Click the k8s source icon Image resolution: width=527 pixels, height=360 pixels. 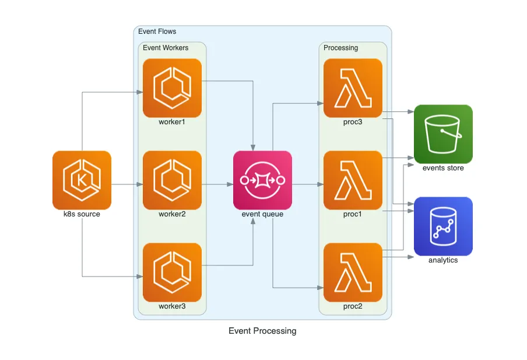point(82,180)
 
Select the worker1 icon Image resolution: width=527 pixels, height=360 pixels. point(172,88)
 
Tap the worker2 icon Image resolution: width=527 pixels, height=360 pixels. point(172,180)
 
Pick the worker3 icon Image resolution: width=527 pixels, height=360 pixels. point(172,272)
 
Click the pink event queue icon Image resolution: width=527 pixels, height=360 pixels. point(262,180)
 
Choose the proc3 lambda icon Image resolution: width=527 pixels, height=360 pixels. point(353,88)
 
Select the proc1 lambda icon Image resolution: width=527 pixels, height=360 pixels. point(353,180)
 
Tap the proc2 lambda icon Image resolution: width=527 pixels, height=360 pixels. point(353,272)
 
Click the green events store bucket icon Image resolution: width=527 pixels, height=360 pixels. point(443,134)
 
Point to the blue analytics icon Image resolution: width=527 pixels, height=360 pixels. point(443,226)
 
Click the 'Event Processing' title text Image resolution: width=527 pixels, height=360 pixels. point(262,331)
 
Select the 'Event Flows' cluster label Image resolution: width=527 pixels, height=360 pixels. point(157,32)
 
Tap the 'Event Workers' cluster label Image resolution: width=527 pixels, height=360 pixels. point(166,48)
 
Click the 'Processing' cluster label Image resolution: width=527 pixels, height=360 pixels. point(340,48)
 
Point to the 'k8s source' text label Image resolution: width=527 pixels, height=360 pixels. point(82,214)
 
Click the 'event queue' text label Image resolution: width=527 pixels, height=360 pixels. point(262,214)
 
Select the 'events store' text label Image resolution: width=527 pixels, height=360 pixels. point(443,168)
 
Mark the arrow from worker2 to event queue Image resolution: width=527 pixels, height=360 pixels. point(217,184)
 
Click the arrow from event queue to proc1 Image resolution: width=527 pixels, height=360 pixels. point(307,184)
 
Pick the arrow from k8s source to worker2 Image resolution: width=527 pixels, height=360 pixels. point(127,184)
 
